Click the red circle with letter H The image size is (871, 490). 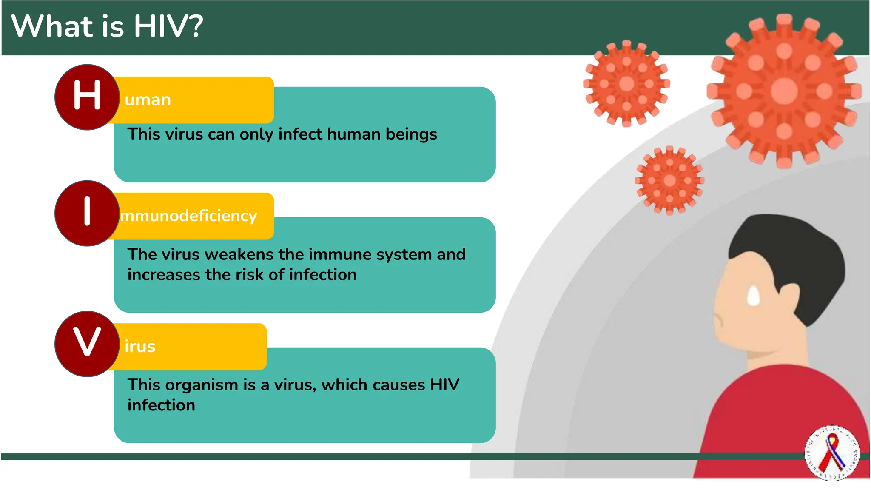[87, 97]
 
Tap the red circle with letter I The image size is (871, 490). [87, 213]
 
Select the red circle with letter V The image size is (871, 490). [87, 344]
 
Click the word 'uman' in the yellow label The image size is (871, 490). [148, 100]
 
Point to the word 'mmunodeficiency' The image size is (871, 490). [188, 216]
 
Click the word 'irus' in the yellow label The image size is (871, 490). [140, 347]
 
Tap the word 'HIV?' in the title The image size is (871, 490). [168, 26]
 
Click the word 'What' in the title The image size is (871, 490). [52, 26]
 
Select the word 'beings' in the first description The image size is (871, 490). [411, 134]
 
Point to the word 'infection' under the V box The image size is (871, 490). [161, 405]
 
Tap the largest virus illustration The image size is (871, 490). [784, 91]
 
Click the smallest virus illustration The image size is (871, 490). [669, 180]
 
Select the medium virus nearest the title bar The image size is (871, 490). [626, 84]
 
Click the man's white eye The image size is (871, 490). [753, 296]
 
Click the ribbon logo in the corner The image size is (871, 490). [832, 453]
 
